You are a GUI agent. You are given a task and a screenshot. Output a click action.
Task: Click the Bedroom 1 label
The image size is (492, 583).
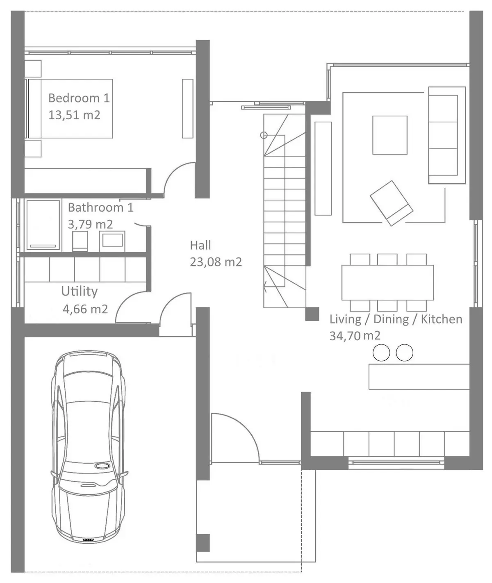79,98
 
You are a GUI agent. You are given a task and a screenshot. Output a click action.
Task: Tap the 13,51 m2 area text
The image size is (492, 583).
74,115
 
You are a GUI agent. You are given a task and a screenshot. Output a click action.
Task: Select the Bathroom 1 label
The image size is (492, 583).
100,207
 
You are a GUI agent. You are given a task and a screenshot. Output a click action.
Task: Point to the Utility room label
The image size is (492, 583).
79,291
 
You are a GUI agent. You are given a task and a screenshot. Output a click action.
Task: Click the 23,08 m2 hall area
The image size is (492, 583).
216,262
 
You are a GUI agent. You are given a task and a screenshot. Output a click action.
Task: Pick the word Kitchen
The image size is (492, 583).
442,319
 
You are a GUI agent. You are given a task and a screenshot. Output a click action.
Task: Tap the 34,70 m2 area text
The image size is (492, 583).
355,336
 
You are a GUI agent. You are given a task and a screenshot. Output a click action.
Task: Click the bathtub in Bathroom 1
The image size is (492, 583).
43,225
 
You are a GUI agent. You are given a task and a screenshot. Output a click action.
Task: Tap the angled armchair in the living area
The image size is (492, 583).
392,203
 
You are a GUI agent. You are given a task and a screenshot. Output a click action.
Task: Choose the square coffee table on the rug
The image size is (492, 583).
390,135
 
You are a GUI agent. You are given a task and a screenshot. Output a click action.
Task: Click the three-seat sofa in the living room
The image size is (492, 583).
447,135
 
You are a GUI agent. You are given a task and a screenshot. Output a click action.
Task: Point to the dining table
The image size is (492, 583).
387,282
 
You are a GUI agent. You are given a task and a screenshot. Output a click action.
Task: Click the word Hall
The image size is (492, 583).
200,246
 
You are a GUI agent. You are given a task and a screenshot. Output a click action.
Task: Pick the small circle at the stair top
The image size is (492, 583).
264,135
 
